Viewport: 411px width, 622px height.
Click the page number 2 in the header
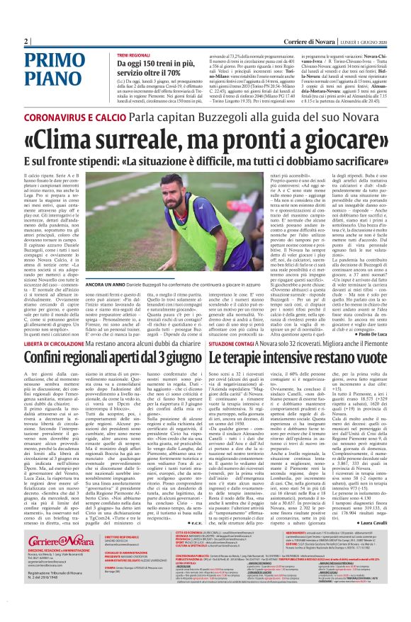click(x=26, y=40)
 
